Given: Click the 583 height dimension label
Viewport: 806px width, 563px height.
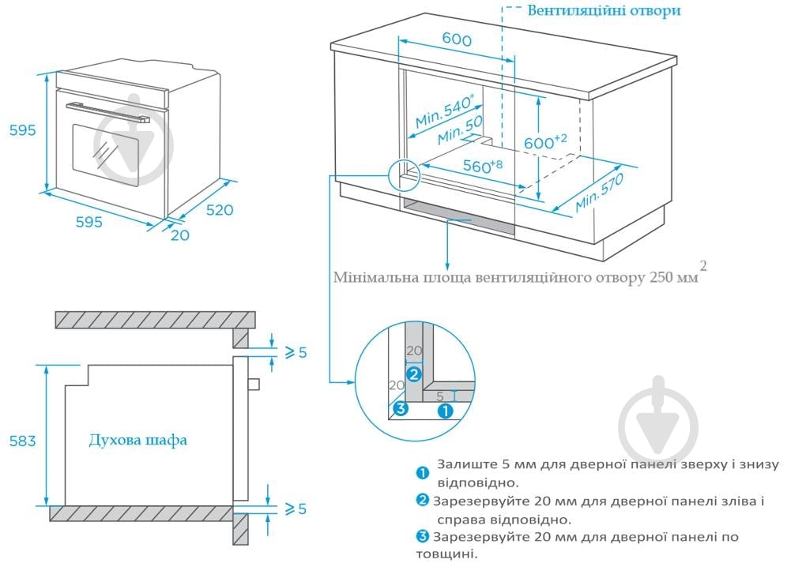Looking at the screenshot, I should click(22, 441).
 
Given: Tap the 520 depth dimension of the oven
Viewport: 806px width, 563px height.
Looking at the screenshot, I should click(220, 210).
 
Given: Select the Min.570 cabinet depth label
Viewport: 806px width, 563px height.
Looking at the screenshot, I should click(599, 192).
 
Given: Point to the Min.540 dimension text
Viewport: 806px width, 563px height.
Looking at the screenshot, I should click(445, 111).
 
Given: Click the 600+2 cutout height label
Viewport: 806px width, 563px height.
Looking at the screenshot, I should click(546, 143).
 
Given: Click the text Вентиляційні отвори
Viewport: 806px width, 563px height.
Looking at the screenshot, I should click(603, 11).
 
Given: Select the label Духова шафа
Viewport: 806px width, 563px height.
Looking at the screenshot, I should click(138, 440).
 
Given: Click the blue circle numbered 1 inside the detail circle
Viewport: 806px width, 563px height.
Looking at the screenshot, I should click(445, 410).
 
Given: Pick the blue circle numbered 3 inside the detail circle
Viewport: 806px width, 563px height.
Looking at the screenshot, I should click(400, 408).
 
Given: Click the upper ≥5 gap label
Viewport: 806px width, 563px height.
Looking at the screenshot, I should click(295, 352).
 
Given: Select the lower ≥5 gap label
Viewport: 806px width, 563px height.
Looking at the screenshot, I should click(295, 509).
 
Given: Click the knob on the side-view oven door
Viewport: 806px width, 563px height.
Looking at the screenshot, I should click(253, 385).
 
